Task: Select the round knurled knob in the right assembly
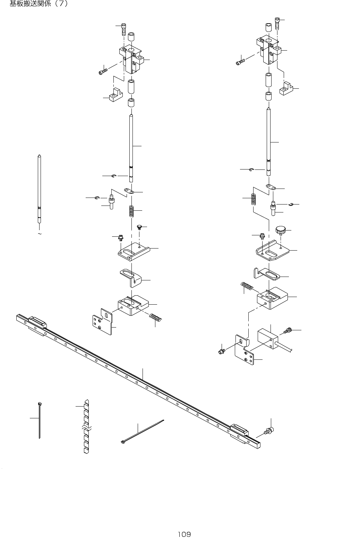point(280,229)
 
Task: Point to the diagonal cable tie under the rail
point(142,432)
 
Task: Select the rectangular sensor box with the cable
point(268,338)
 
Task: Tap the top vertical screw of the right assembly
point(277,23)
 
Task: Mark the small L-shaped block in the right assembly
point(286,89)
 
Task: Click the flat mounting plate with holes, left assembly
point(103,321)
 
